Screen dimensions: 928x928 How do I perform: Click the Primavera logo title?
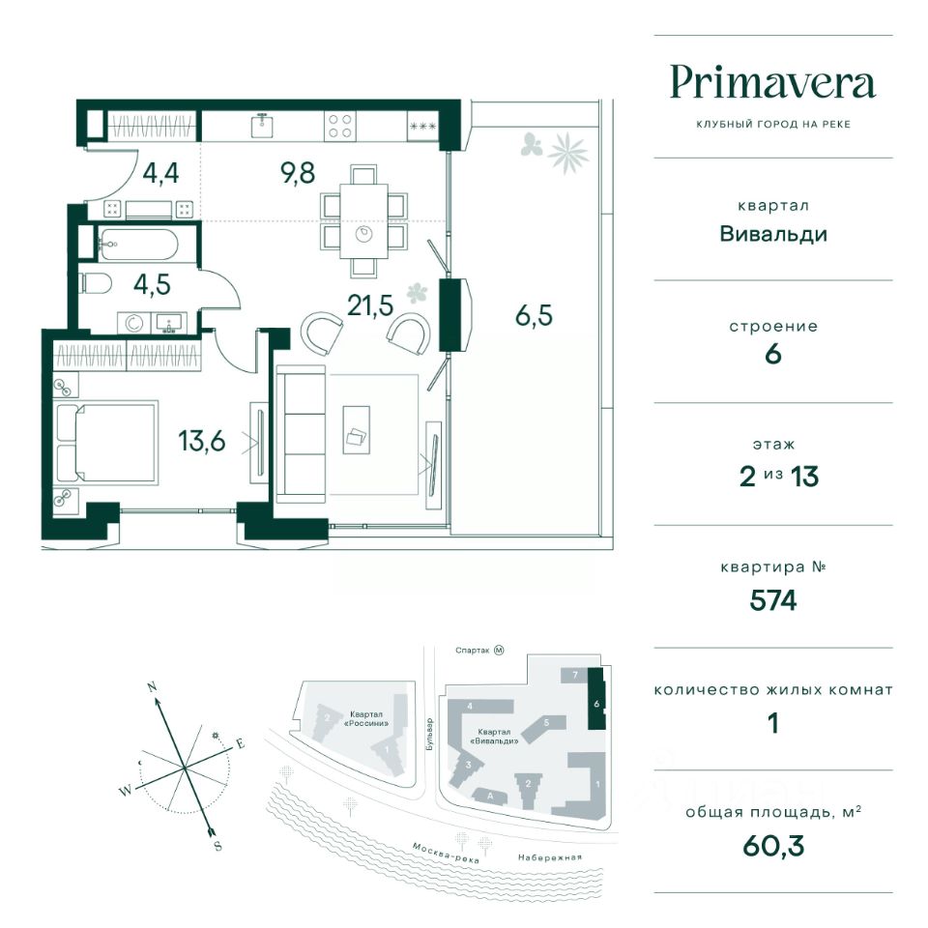coord(773,83)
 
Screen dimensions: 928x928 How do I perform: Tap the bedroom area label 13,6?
coord(202,441)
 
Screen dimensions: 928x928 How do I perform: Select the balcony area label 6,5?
coord(534,315)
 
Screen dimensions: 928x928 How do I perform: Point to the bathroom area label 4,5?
coord(152,284)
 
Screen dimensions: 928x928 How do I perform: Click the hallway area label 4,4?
coord(161,173)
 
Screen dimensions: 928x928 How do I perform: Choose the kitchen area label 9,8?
coord(298,173)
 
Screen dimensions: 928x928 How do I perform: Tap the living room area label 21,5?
coord(370,306)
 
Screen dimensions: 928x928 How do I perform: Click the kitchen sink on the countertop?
coord(262,125)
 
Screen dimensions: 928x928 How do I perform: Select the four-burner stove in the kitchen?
coord(340,126)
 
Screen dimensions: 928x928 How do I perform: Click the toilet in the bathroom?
coord(96,283)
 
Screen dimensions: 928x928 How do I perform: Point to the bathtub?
coord(139,244)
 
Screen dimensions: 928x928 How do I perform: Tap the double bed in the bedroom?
coord(106,442)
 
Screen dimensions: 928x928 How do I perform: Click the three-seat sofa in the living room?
coord(302,434)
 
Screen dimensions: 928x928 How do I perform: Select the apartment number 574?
coord(773,600)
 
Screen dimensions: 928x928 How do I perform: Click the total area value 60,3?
coord(773,846)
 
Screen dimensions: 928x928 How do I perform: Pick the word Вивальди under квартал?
coord(773,234)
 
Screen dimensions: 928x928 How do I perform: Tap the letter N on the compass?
coord(152,687)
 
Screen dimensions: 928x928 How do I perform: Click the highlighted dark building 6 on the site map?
coord(596,699)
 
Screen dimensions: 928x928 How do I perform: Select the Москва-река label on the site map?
coord(446,853)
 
